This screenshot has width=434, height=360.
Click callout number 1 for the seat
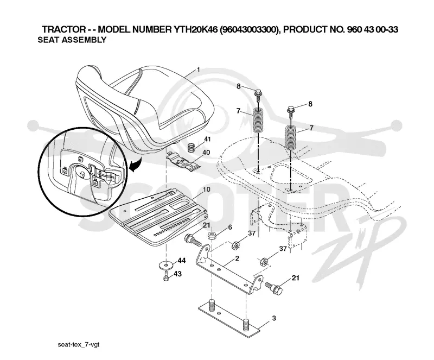coord(198,70)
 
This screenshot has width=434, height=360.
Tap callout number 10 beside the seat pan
coord(207,190)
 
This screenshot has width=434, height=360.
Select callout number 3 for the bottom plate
coord(274,318)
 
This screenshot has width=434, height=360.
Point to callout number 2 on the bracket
coord(237,258)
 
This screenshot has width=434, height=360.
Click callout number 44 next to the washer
coord(182,261)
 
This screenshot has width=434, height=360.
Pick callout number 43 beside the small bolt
coord(177,274)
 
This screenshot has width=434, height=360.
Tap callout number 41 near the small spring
coord(207,139)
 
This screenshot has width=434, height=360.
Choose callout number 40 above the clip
coord(206,152)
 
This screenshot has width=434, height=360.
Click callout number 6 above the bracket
coord(229,228)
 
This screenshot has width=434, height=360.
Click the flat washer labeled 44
coord(166,265)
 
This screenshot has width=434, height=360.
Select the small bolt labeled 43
coord(166,276)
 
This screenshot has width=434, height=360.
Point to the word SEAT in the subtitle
coord(48,40)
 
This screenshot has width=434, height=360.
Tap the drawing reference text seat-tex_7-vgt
coord(78,345)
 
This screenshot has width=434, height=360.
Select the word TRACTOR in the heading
coord(64,29)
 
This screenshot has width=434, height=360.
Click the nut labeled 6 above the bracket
coord(212,236)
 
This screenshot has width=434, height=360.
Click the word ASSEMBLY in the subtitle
coord(84,40)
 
